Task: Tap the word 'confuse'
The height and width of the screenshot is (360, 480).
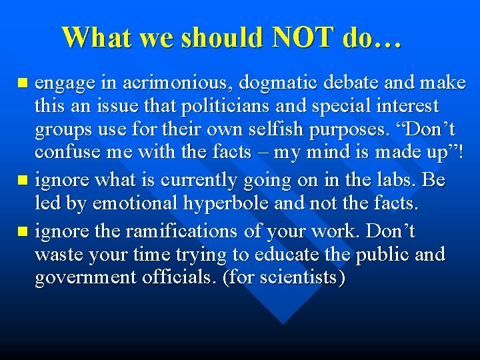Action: click(63, 152)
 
